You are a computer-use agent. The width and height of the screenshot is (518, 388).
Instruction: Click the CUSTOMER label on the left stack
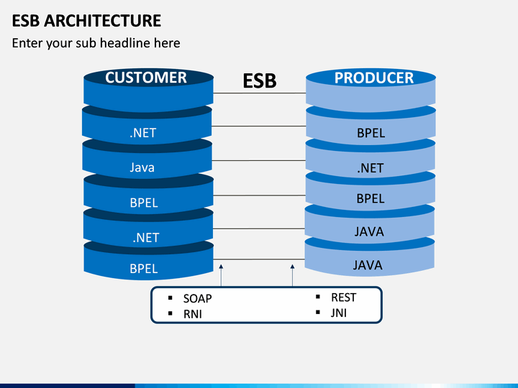(146, 78)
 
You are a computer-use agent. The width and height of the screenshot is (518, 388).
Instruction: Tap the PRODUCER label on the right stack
(374, 78)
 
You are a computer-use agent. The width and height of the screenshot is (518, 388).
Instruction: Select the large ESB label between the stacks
(260, 80)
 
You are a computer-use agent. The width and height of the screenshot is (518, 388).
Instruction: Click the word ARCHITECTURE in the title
(102, 20)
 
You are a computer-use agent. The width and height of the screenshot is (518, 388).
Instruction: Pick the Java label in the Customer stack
(142, 167)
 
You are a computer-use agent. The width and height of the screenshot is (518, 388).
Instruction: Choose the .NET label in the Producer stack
(371, 168)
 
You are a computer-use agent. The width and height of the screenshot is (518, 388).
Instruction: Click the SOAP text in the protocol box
(198, 298)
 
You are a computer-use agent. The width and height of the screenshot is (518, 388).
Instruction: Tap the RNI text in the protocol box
(193, 314)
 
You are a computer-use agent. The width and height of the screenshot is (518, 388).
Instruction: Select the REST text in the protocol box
(344, 297)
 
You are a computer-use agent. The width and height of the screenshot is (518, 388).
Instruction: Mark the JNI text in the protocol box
(339, 313)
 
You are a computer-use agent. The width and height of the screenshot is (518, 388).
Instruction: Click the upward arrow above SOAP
(221, 275)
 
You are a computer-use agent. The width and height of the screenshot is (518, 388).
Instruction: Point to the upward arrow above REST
(292, 275)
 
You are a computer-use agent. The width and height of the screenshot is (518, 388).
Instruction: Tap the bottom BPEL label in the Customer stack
(144, 269)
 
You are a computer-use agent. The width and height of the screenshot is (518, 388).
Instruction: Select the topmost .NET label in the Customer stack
(142, 133)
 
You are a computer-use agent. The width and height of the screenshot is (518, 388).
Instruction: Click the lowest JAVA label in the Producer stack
(368, 265)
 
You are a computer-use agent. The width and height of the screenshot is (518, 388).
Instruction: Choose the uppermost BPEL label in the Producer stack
(371, 133)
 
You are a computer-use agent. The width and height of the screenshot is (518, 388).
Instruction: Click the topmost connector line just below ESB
(260, 93)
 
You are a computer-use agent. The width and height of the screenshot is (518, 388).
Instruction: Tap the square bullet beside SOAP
(171, 298)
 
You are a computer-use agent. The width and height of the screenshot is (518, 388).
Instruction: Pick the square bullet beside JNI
(318, 312)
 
